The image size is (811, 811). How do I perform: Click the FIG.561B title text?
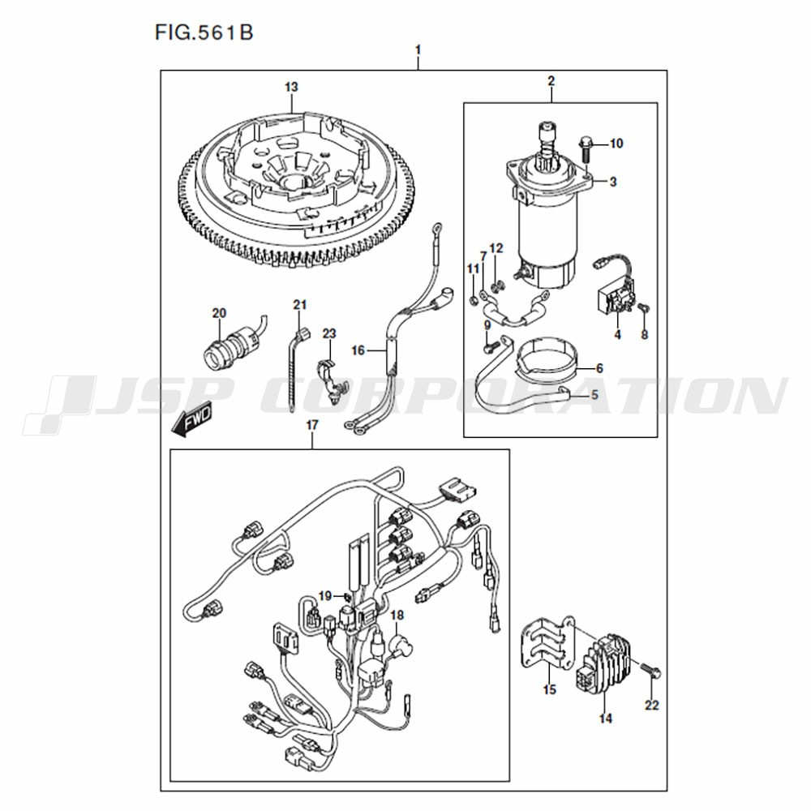tap(204, 32)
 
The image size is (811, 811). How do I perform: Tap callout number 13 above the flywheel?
tap(291, 87)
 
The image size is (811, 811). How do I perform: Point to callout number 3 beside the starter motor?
tap(613, 182)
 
